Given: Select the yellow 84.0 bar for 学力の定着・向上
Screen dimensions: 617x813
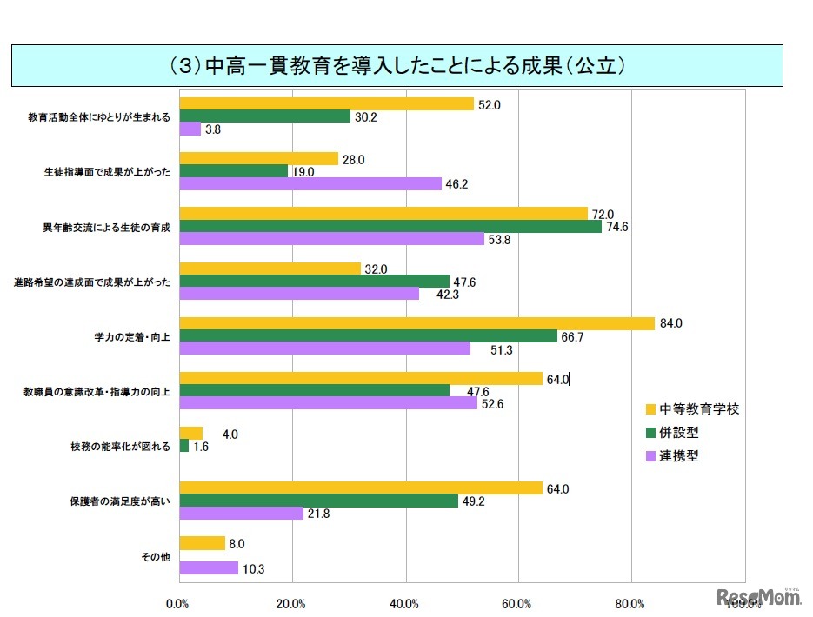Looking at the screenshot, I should click(416, 323).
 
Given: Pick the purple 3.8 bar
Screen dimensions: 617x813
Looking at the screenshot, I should click(190, 129).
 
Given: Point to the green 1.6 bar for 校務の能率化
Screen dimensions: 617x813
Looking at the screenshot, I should click(183, 446).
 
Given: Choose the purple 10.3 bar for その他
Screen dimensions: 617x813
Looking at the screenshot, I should click(209, 568).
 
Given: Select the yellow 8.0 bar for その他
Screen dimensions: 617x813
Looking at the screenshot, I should click(202, 543).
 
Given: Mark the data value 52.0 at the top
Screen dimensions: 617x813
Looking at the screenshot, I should click(490, 104).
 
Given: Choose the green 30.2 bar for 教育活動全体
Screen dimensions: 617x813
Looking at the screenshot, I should click(264, 116).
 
